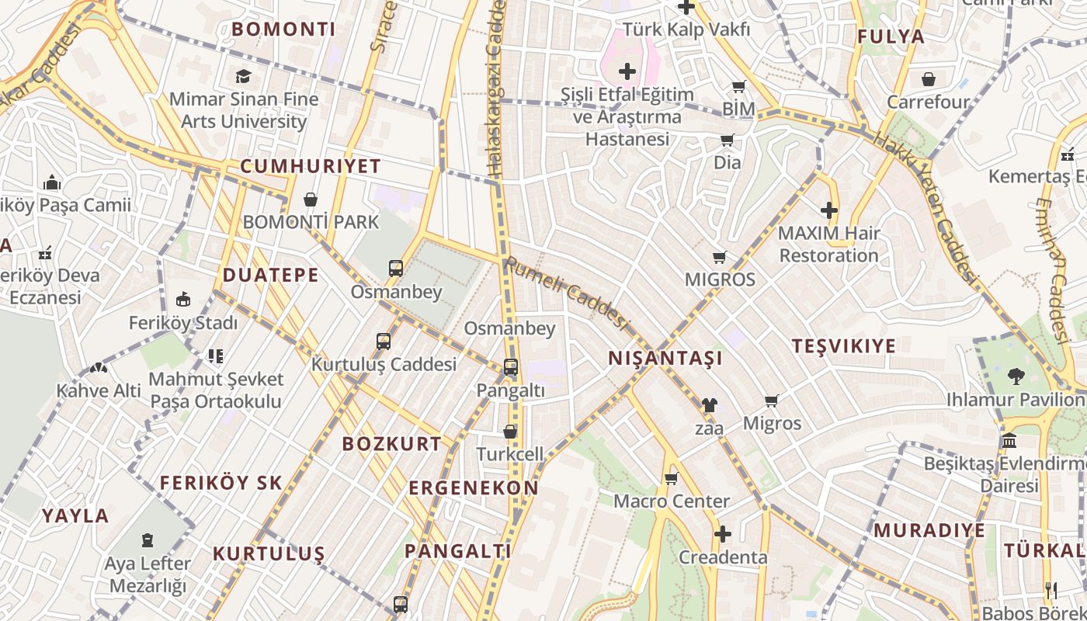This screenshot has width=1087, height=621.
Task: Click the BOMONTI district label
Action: [283, 29]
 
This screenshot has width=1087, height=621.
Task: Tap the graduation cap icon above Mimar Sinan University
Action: [244, 76]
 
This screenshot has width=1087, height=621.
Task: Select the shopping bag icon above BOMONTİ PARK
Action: [311, 199]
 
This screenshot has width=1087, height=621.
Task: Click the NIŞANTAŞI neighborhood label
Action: [665, 358]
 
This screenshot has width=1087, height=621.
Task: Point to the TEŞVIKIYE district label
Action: [844, 346]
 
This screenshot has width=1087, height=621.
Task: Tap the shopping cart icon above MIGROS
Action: [720, 257]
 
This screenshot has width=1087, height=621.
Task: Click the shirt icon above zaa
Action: [709, 405]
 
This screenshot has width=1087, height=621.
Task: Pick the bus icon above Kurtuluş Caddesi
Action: [384, 342]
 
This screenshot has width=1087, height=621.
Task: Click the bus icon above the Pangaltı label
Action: [511, 367]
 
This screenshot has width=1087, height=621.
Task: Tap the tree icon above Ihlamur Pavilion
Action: [1016, 376]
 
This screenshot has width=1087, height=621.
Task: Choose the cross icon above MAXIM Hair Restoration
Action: [829, 210]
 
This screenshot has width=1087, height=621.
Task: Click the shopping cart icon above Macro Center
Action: [672, 478]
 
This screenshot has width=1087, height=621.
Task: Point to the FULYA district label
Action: [891, 36]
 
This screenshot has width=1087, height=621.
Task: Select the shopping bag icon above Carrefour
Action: [929, 79]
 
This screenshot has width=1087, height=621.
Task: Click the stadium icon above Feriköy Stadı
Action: [183, 299]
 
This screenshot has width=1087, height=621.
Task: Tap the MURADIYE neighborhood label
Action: [929, 531]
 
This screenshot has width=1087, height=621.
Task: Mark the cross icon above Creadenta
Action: [723, 534]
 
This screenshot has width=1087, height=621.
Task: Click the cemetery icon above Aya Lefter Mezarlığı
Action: [148, 540]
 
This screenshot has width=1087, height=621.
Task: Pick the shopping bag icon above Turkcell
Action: [510, 432]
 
